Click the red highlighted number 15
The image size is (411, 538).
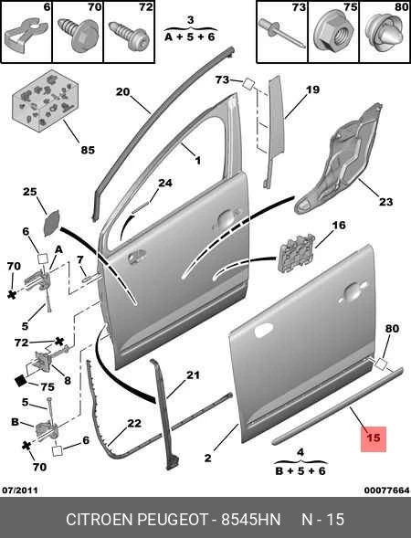[x=374, y=438]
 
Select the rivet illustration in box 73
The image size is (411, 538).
[x=281, y=32]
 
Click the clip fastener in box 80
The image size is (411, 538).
[x=384, y=32]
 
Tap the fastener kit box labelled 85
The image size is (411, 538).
[x=44, y=100]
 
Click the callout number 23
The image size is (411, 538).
[x=385, y=201]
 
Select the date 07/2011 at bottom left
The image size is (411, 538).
[x=20, y=491]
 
